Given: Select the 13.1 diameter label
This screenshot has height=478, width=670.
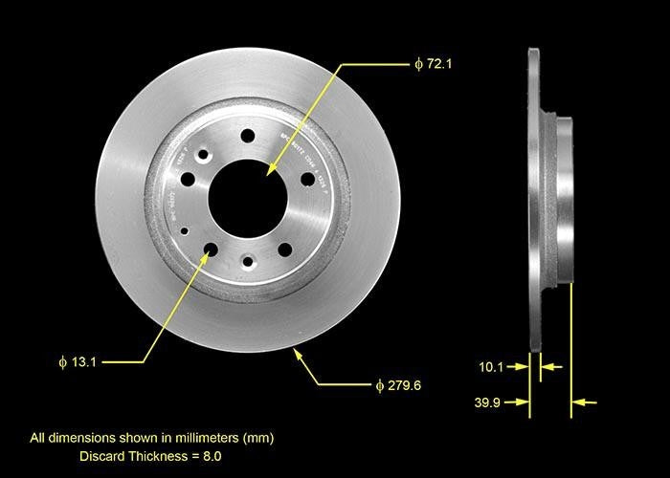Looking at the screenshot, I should (x=78, y=362).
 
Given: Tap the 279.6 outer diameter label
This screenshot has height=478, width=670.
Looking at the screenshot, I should (x=398, y=385).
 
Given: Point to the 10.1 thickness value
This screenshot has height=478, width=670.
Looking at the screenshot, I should (x=491, y=365).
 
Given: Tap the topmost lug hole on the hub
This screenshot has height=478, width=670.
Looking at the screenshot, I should (x=248, y=136).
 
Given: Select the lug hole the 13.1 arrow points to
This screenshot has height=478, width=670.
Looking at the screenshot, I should (x=211, y=250).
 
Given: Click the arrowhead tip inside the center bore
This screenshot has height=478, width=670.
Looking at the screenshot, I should (x=271, y=171).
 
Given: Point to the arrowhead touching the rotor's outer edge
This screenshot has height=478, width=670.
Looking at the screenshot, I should (x=298, y=353).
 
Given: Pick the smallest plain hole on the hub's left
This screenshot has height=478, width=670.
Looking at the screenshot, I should (x=185, y=231).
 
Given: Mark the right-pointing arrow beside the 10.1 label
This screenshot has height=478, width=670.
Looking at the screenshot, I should (x=523, y=365).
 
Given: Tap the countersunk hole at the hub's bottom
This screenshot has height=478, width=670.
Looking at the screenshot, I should (x=248, y=261).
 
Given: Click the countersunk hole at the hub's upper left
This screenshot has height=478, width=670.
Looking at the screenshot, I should (x=203, y=155).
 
